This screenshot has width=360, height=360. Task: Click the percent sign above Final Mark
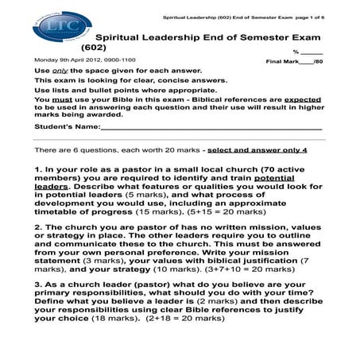tap(296, 51)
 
